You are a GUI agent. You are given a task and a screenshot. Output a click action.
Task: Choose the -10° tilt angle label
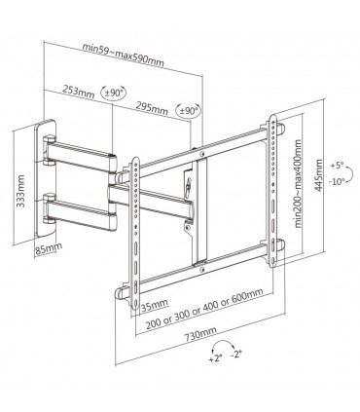pyautogui.click(x=337, y=181)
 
